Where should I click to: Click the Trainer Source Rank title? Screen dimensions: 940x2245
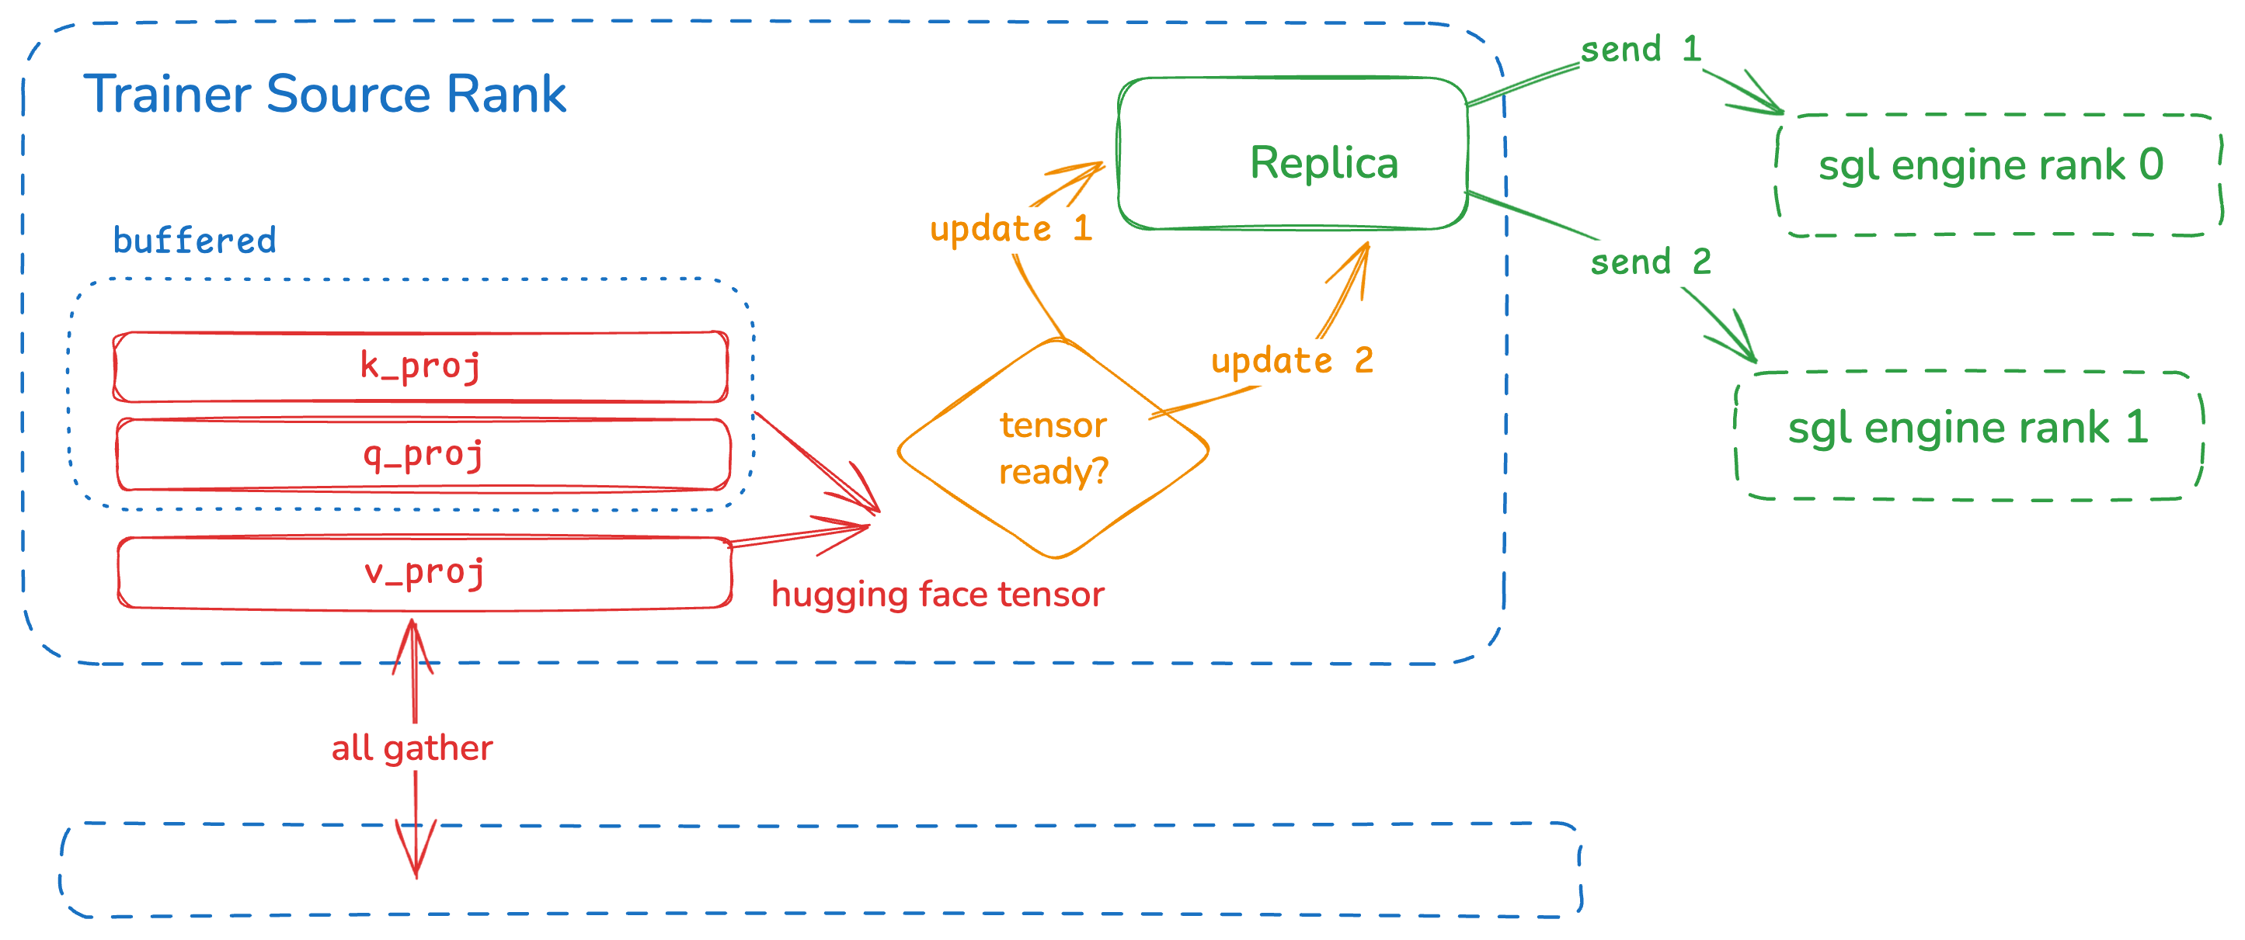[x=324, y=94]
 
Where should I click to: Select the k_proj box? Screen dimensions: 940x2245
[x=421, y=367]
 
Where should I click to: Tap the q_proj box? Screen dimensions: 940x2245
[x=423, y=455]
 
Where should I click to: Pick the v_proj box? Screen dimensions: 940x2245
[x=424, y=572]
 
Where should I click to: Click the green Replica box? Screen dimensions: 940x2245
[x=1293, y=154]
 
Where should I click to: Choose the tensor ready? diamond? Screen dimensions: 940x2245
[x=1053, y=449]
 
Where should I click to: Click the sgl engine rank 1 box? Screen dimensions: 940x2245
[x=1968, y=435]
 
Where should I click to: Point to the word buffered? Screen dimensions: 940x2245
[x=194, y=241]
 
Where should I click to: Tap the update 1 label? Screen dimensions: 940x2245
[x=1011, y=229]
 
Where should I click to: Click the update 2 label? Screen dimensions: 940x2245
[x=1293, y=361]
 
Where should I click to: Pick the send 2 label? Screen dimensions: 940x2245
[x=1651, y=262]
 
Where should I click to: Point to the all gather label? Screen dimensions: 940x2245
[x=412, y=748]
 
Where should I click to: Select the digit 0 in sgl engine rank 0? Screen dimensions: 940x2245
[x=2151, y=164]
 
